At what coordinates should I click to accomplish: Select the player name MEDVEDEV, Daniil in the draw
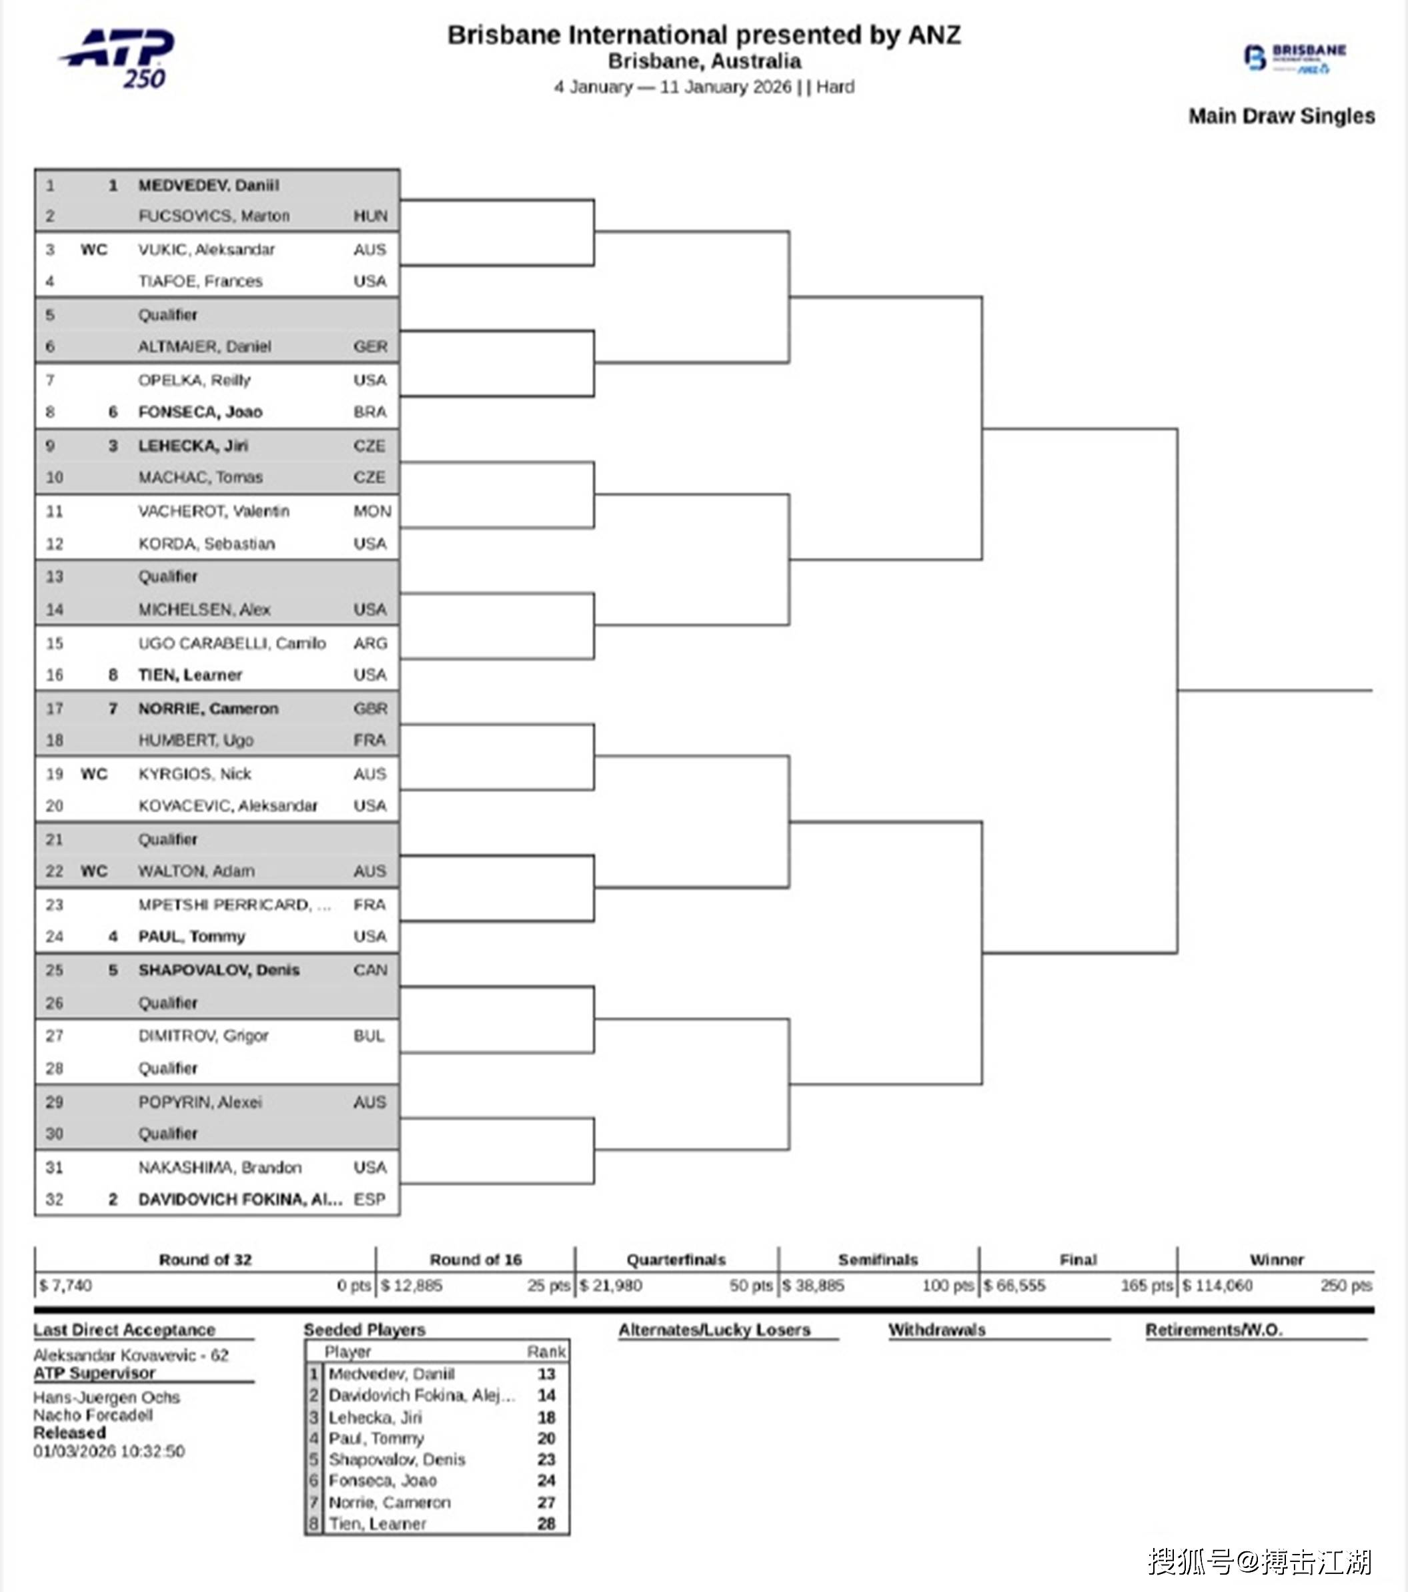(208, 185)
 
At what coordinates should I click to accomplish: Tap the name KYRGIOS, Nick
(194, 773)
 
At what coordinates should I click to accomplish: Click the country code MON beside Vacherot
(372, 511)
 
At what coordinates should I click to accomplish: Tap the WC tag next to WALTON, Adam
(93, 871)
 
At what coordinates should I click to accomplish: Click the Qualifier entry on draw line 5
(167, 315)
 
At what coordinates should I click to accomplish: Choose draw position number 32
(54, 1199)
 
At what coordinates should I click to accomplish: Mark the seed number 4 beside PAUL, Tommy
(113, 936)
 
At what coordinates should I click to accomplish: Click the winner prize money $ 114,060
(1217, 1285)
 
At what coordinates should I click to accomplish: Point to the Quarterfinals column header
(675, 1260)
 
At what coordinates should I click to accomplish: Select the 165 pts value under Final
(1146, 1285)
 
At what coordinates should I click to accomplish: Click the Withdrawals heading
(937, 1330)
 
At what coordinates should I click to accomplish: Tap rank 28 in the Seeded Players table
(546, 1523)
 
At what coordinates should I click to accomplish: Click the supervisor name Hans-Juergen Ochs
(106, 1397)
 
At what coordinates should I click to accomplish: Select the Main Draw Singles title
(1281, 116)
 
